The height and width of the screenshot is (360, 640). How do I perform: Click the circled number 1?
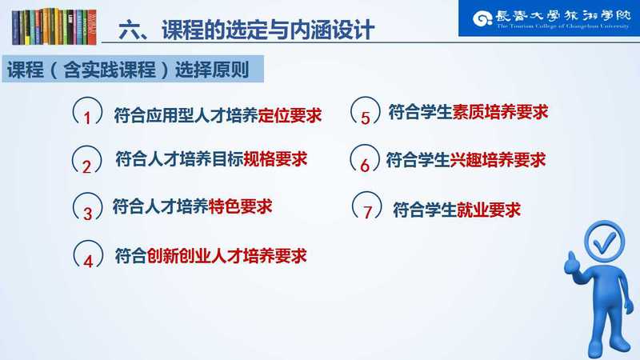pos(87,111)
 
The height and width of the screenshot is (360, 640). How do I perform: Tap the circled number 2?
pos(86,159)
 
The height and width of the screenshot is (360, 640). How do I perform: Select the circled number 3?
pos(87,207)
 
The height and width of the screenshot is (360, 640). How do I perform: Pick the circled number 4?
pos(88,254)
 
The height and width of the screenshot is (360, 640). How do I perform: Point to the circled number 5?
pos(365,111)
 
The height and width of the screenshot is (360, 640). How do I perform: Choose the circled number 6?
pos(365,158)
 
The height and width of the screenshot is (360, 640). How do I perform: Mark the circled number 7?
pos(367,206)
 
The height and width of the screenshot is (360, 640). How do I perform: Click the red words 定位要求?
pos(290,116)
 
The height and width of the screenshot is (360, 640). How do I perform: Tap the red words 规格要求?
pos(275,158)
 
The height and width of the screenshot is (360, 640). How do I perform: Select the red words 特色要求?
pos(240,206)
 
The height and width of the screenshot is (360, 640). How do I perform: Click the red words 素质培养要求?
pos(500,112)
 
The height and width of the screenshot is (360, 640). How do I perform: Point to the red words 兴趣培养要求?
pos(498,159)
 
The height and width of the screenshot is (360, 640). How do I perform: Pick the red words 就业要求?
pos(488,210)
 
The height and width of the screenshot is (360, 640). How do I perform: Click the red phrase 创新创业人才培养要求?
pos(226,256)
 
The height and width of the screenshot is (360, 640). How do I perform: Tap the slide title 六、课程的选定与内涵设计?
pos(246,30)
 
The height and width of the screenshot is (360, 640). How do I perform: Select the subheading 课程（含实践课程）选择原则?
pos(128,70)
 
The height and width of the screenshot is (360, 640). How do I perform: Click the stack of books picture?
pos(54,26)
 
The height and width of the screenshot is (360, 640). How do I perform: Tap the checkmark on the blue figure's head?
pos(606,242)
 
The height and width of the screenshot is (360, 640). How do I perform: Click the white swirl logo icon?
pos(482,18)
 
